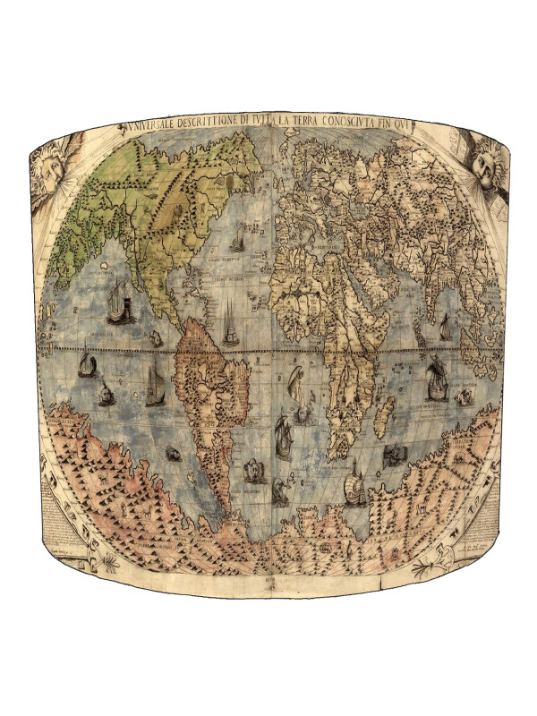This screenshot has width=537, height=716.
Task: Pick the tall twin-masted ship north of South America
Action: (x=230, y=322)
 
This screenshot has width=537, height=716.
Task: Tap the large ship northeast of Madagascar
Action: (x=436, y=375)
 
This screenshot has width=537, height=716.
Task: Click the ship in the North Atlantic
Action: (x=237, y=242)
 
